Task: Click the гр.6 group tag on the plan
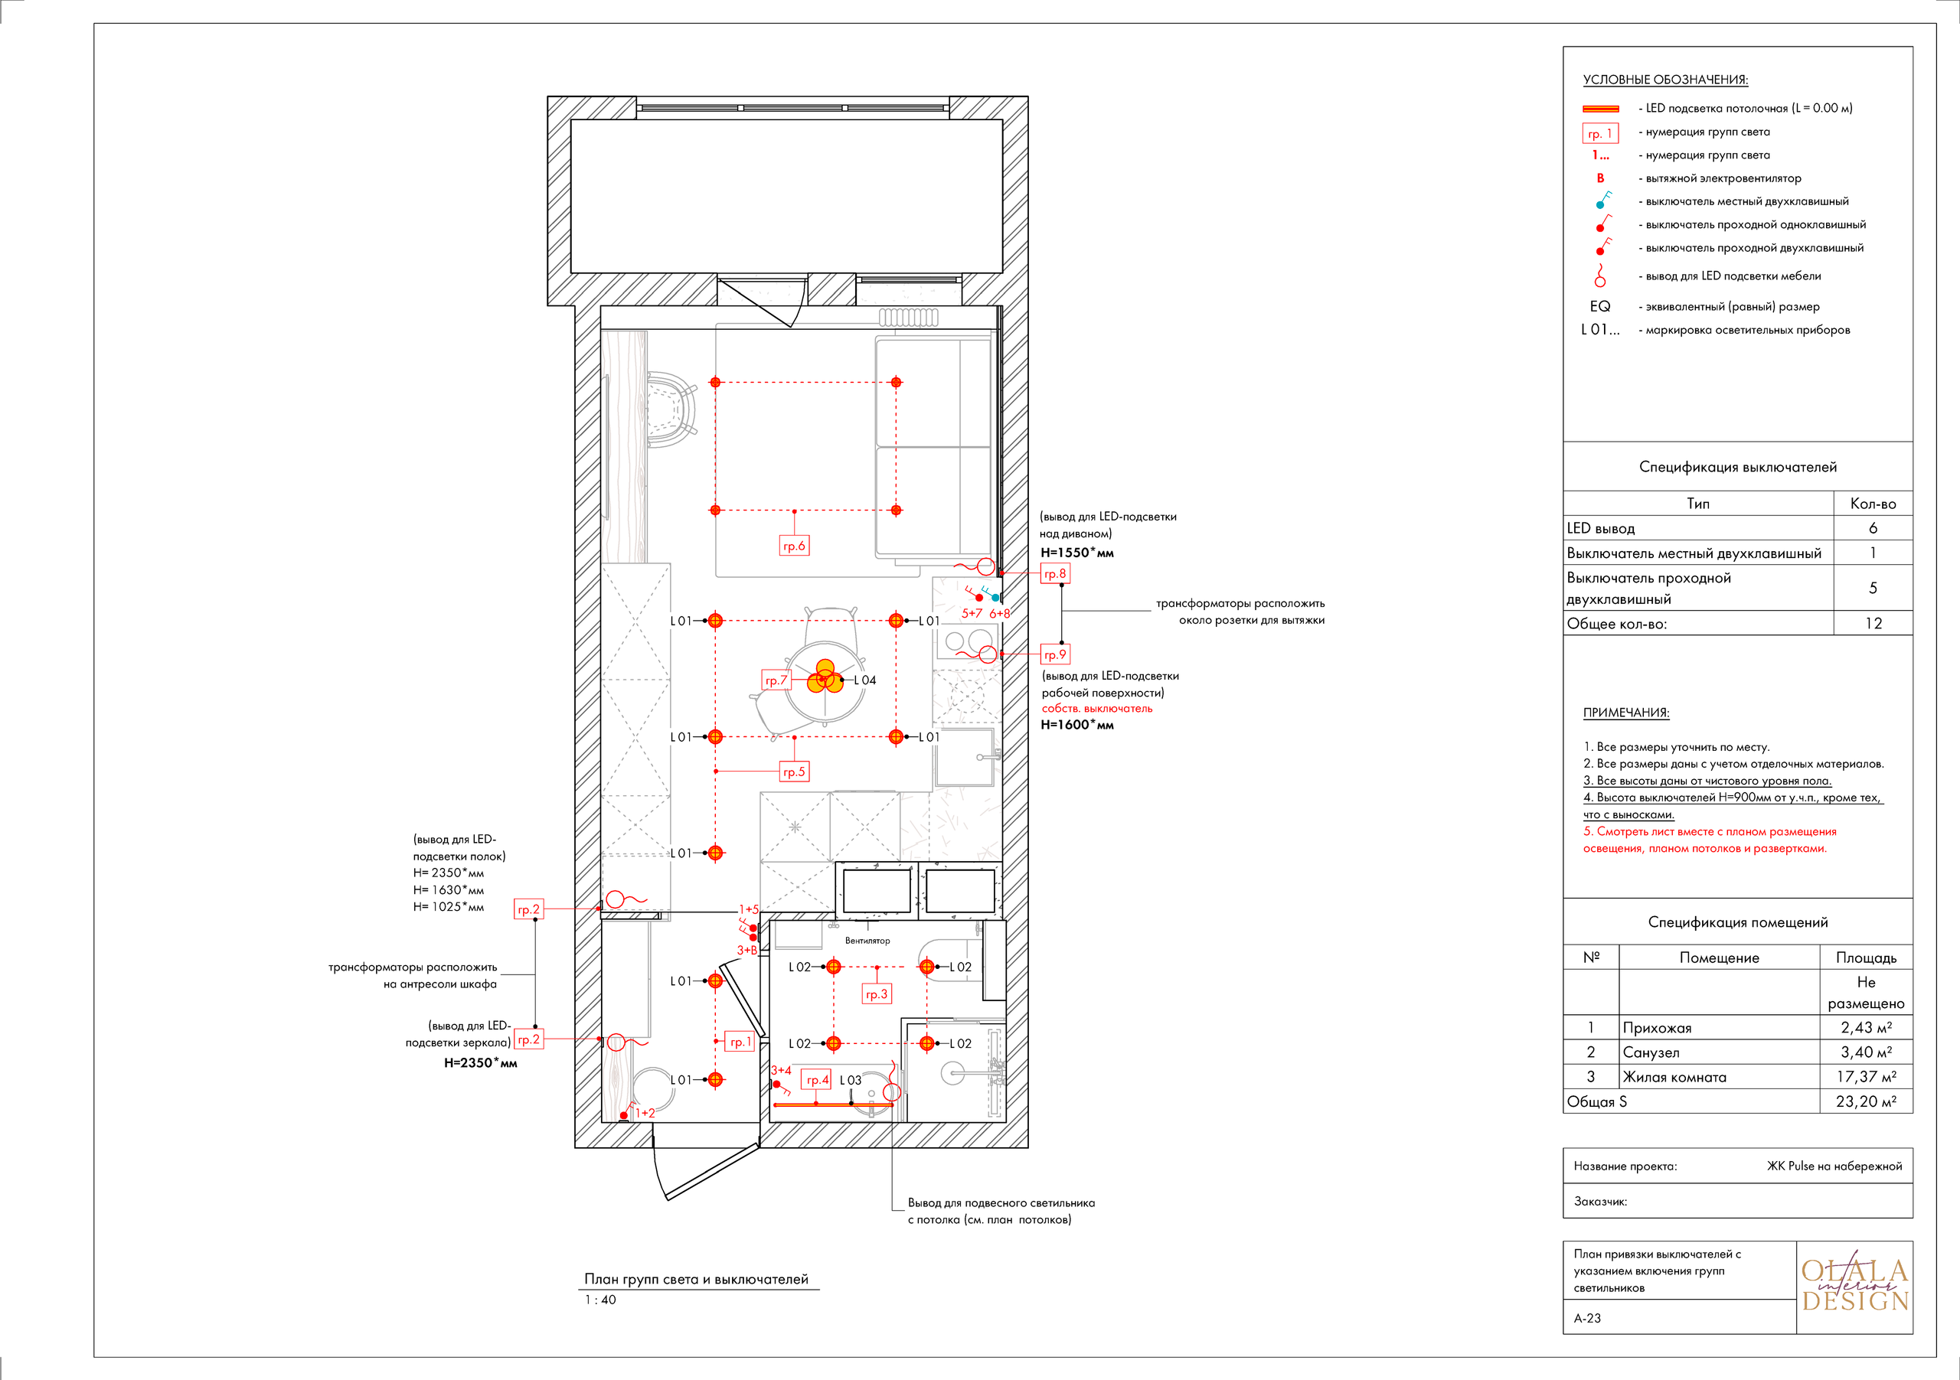click(794, 546)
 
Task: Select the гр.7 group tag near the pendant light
click(777, 680)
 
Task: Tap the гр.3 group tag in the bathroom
click(877, 994)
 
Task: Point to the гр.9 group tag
click(1055, 654)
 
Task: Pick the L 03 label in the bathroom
click(851, 1081)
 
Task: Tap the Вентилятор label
click(867, 941)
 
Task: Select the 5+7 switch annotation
click(972, 613)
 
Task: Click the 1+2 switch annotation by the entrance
click(645, 1113)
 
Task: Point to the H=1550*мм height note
click(1077, 552)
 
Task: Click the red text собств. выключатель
click(1097, 708)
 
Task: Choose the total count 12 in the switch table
click(1873, 624)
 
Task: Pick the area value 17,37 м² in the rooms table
click(1866, 1077)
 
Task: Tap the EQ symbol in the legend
click(1599, 306)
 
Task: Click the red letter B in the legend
click(1601, 178)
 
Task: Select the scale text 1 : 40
click(600, 1300)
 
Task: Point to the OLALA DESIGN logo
click(1854, 1285)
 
